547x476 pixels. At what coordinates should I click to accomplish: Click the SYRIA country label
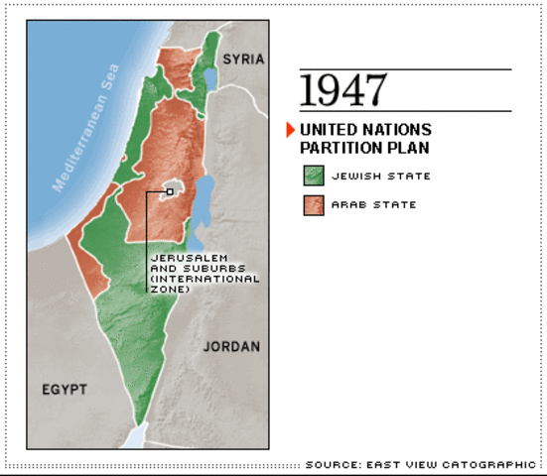(x=243, y=59)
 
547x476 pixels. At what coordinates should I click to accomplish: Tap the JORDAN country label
(x=231, y=347)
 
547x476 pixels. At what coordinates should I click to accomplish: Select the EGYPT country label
(x=65, y=388)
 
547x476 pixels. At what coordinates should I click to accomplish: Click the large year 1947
(x=342, y=90)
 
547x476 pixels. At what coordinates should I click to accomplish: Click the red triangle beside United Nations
(x=290, y=130)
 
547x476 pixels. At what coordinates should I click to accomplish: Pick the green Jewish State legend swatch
(x=315, y=177)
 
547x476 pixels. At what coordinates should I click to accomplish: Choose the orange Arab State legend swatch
(x=315, y=205)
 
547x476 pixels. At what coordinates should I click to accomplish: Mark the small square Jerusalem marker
(x=171, y=192)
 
